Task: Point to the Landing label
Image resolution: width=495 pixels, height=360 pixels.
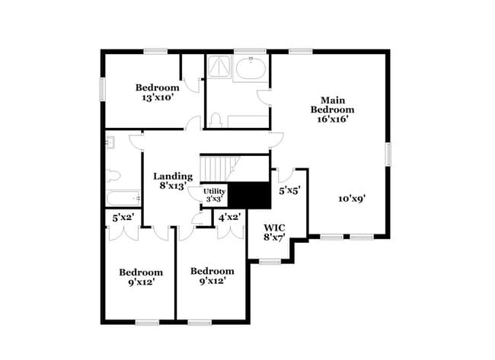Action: click(173, 177)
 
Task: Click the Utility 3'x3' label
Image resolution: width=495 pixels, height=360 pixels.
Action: click(214, 194)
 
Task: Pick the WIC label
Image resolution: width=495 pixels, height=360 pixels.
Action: click(273, 228)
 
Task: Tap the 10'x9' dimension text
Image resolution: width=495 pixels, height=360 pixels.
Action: click(353, 198)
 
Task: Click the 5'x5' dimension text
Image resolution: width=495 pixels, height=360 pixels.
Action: click(289, 190)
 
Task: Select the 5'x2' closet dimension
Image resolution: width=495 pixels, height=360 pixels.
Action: click(123, 218)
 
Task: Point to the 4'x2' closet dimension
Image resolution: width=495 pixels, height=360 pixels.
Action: click(230, 218)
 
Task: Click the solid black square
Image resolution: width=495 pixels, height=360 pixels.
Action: click(251, 196)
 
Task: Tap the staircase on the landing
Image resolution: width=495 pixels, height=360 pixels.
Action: click(219, 167)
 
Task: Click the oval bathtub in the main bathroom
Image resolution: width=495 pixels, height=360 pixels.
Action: click(251, 69)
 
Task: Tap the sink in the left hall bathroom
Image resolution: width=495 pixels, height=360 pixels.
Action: click(110, 142)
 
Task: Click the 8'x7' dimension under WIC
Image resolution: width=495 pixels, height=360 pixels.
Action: click(273, 238)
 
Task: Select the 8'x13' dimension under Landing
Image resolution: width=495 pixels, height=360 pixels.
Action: click(173, 186)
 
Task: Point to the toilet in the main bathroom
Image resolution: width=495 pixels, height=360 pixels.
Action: click(216, 120)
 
